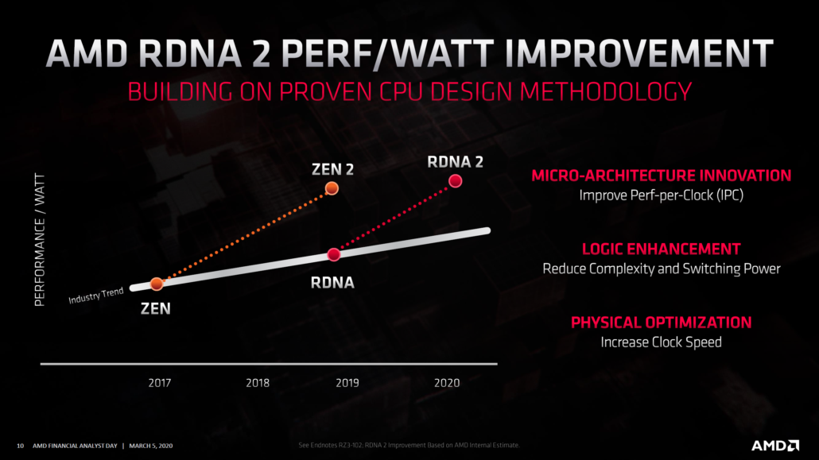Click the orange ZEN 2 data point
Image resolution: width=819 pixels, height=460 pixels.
click(332, 188)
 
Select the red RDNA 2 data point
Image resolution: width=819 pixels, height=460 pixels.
click(456, 181)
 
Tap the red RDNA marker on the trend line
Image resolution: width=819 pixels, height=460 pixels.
click(334, 254)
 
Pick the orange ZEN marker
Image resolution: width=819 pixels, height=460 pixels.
click(157, 284)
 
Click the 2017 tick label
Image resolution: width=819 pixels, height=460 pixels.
click(160, 383)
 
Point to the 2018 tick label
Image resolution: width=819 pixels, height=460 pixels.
click(257, 383)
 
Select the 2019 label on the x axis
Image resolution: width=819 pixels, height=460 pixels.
click(347, 383)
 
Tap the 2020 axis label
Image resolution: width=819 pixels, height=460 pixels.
click(446, 383)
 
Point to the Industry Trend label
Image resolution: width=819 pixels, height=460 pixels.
click(95, 296)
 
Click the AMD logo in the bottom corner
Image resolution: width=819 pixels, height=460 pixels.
click(774, 445)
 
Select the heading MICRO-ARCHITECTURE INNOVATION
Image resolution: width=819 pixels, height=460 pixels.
click(661, 176)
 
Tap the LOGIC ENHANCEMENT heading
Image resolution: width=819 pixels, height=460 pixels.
click(661, 249)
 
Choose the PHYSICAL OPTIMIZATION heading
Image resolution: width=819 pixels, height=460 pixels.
click(661, 323)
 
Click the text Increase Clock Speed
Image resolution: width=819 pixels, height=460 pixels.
click(661, 342)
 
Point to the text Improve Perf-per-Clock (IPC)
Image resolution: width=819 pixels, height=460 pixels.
click(661, 195)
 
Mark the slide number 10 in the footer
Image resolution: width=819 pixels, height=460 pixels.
click(21, 446)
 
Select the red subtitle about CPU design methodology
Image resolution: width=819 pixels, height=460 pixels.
click(409, 91)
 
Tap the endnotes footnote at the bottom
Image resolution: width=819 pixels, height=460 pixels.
click(409, 445)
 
